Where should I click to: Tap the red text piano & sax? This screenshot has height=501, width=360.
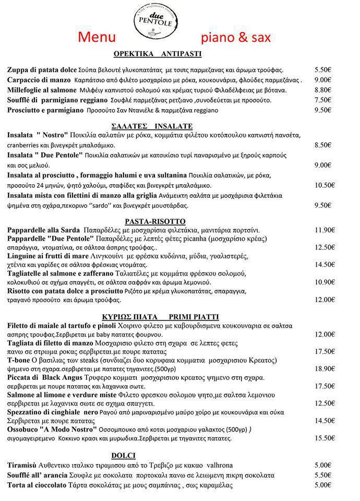coord(236,38)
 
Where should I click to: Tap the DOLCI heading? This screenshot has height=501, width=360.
coord(124,455)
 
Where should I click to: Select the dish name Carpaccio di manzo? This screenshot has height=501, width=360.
coord(39,80)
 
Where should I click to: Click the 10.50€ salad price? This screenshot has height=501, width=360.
coord(324,185)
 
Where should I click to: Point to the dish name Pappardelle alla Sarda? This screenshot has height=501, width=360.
coord(44,230)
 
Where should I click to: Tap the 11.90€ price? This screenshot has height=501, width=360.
coord(324,230)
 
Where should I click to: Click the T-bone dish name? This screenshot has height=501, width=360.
coord(18,361)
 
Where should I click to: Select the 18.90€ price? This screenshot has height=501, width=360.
coord(324,369)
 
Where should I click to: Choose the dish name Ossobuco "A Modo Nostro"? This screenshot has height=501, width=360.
coord(52,430)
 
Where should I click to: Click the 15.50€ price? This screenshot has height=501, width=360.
coord(324,438)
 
